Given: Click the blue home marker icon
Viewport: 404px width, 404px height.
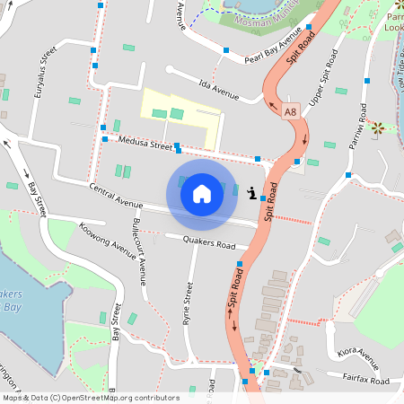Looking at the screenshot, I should (202, 193).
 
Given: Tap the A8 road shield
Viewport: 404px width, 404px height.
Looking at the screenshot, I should (290, 112).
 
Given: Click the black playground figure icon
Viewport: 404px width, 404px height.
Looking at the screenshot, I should (252, 190).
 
